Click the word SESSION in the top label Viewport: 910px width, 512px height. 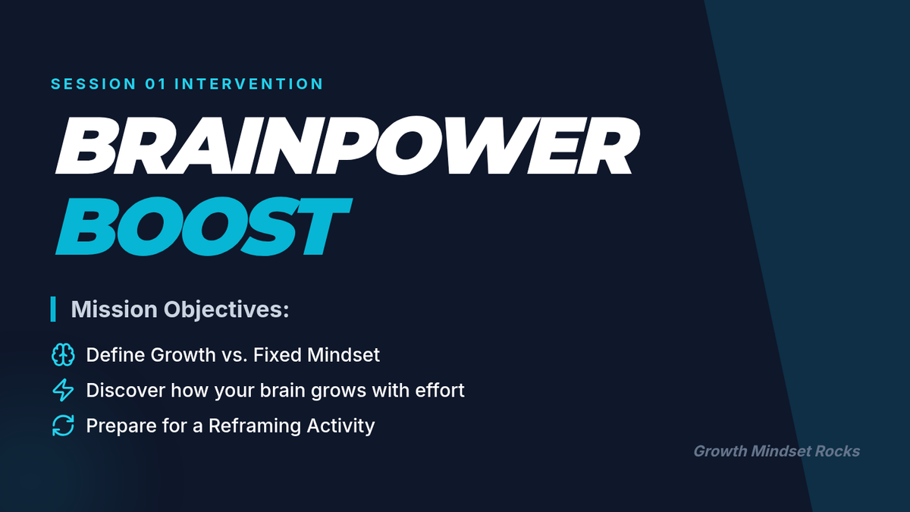(93, 84)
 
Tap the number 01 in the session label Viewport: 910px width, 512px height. (155, 84)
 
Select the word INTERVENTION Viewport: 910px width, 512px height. (249, 84)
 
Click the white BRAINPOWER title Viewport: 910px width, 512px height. (348, 146)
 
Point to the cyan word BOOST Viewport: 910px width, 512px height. (203, 226)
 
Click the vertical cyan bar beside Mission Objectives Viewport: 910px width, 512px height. (53, 309)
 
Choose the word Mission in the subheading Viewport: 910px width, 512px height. (115, 309)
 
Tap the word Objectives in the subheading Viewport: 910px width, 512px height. (226, 310)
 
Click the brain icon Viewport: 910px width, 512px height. (63, 355)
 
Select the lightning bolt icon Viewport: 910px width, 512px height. (63, 390)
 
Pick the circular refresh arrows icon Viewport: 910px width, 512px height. (63, 426)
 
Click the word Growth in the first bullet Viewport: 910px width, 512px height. (184, 355)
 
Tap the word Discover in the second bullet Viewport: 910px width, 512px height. (125, 390)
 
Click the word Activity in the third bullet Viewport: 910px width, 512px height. (340, 426)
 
